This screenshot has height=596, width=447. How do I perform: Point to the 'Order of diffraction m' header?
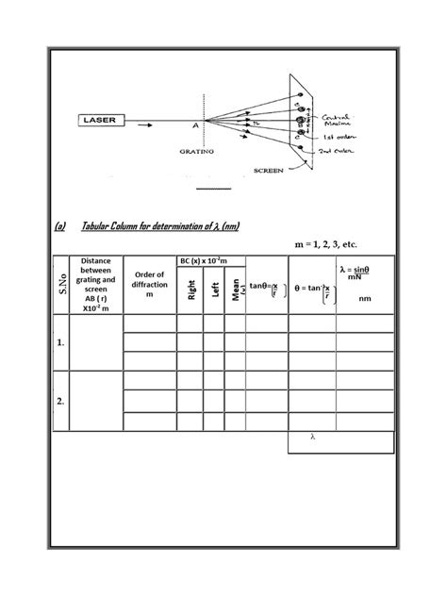click(149, 284)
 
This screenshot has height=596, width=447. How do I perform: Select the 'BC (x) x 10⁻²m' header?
click(211, 260)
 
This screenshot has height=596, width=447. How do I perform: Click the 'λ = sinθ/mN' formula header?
click(364, 274)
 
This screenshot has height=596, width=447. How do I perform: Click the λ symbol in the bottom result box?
click(312, 438)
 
